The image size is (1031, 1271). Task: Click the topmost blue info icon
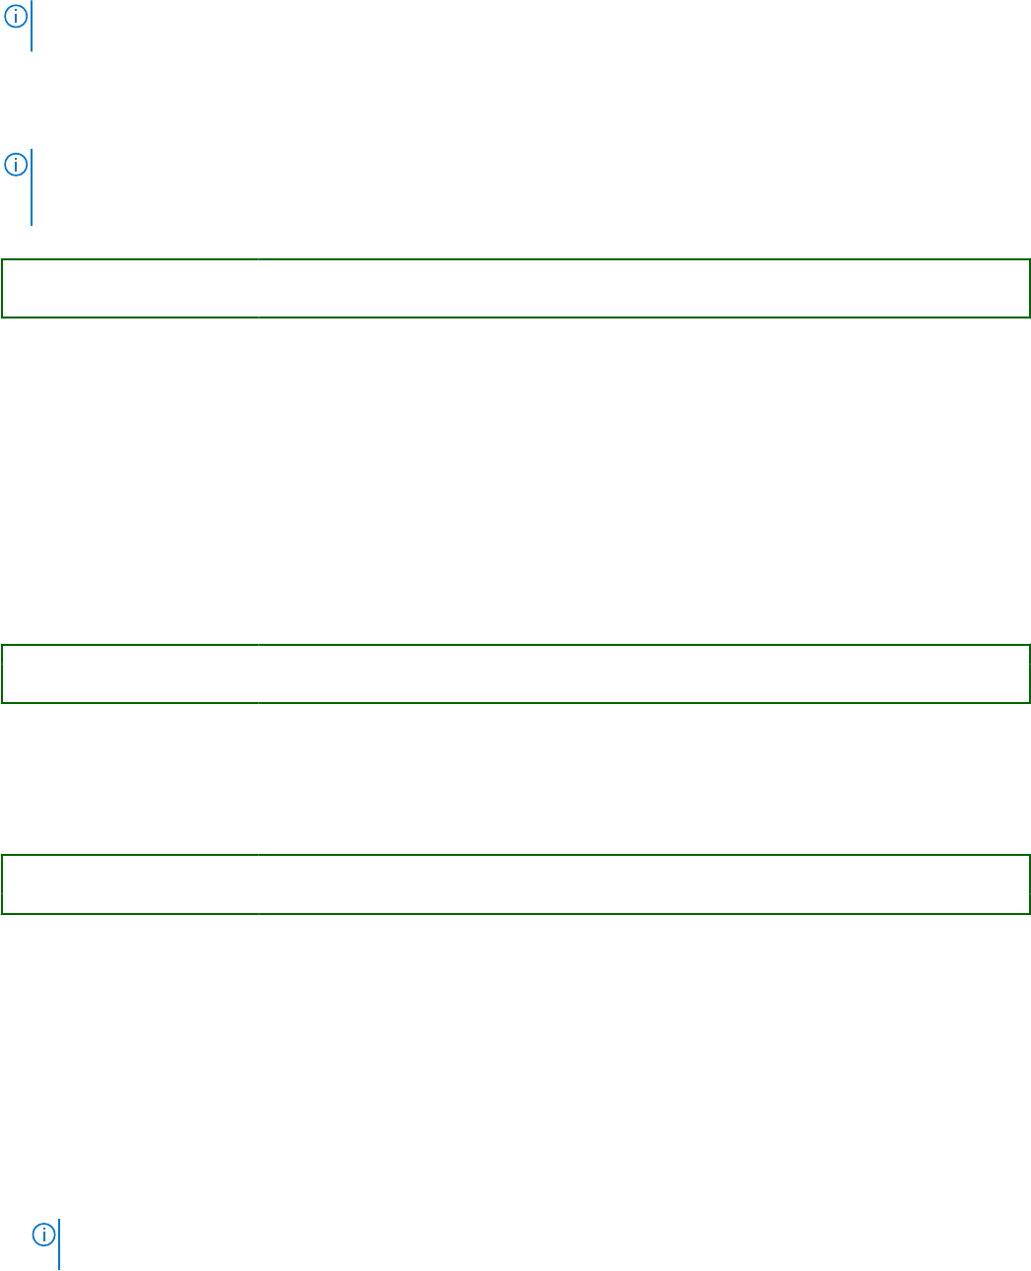[x=16, y=15]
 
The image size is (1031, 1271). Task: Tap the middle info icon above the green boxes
[x=16, y=165]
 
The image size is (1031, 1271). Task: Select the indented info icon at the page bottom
[x=43, y=1234]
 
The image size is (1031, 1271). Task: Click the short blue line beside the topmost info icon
[x=32, y=27]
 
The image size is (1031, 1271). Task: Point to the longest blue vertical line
[x=32, y=187]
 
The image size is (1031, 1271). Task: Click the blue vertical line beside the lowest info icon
[x=59, y=1244]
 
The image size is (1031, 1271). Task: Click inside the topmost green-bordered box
[x=515, y=288]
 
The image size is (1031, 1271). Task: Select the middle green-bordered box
[x=515, y=673]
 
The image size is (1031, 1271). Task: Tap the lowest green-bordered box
[x=515, y=884]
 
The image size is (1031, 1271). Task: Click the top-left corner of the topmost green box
[x=2, y=260]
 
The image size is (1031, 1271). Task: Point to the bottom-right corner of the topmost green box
[x=1029, y=317]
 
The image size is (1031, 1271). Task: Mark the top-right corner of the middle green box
[x=1029, y=646]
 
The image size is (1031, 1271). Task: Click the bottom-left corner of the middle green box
[x=2, y=702]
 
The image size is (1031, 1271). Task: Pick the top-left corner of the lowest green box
[x=2, y=856]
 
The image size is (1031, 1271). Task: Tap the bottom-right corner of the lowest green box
[x=1029, y=913]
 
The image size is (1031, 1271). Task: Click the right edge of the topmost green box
[x=1029, y=288]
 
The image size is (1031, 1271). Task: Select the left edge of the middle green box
[x=2, y=673]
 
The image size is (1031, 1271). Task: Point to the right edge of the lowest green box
[x=1029, y=884]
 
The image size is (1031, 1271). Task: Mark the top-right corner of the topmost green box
[x=1029, y=260]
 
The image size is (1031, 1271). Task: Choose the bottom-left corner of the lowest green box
[x=2, y=913]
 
